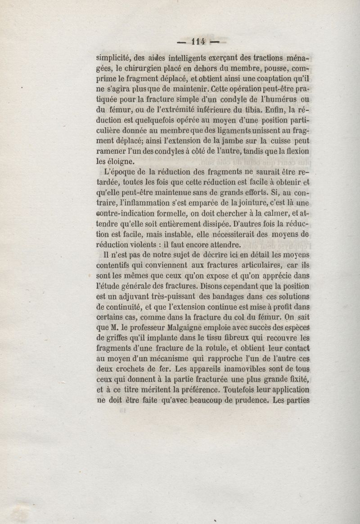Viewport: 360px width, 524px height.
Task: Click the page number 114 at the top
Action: pos(198,41)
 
